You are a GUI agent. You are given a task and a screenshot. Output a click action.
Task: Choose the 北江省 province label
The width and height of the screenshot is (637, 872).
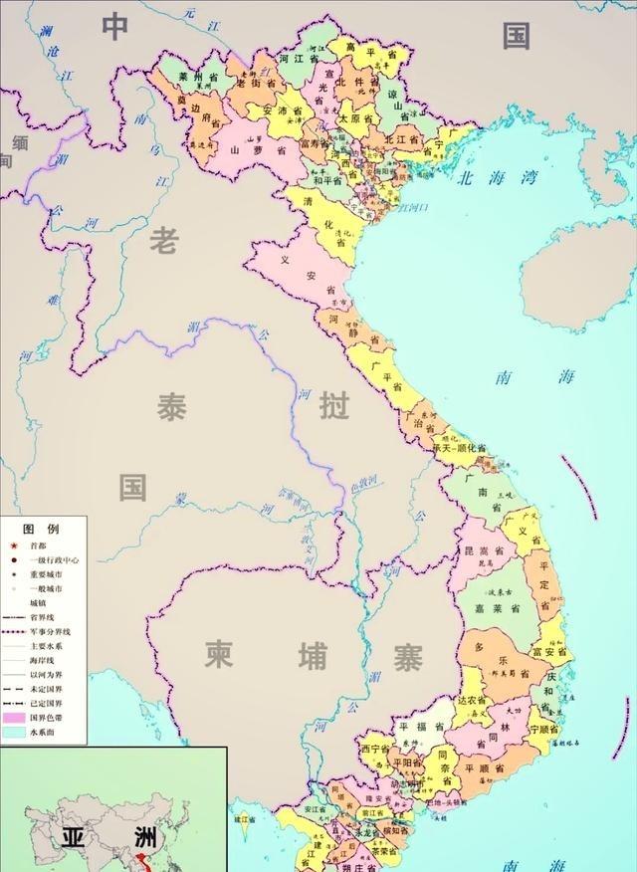[x=404, y=140]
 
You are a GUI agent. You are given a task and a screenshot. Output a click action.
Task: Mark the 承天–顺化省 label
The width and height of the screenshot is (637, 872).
[x=459, y=449]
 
